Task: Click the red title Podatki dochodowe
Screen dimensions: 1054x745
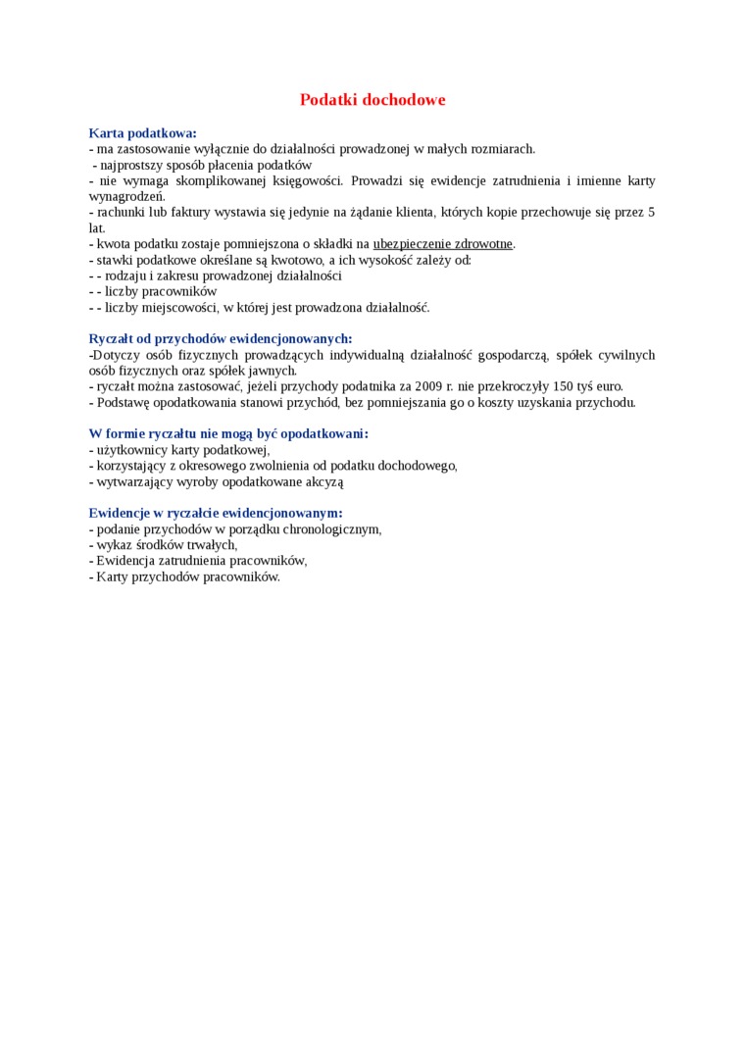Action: click(x=372, y=100)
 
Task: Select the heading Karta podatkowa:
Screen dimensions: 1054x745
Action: click(x=142, y=133)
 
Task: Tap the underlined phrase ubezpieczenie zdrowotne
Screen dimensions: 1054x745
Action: click(x=443, y=244)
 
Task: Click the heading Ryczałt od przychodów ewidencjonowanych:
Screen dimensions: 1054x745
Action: click(x=220, y=339)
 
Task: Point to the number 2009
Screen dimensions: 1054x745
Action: click(x=428, y=386)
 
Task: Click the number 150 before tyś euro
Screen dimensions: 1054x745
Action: click(x=563, y=386)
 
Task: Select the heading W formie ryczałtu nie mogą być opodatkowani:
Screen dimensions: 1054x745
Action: click(x=228, y=434)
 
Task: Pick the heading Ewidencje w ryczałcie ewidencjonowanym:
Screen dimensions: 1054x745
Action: click(x=216, y=514)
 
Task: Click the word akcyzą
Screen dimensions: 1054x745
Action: click(x=324, y=482)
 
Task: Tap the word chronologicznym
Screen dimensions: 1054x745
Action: click(x=331, y=529)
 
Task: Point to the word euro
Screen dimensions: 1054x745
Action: click(x=609, y=386)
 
